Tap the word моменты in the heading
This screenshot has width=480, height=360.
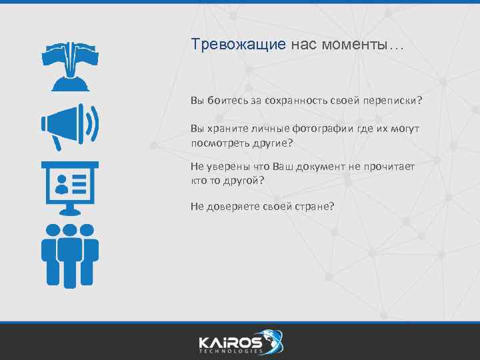click(x=364, y=45)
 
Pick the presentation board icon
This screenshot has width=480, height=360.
click(x=70, y=187)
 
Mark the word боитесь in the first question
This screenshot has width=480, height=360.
click(x=227, y=101)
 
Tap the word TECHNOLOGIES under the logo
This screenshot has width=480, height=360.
click(x=230, y=350)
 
